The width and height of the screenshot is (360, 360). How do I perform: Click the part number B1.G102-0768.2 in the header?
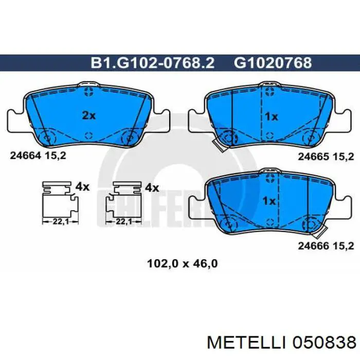point(152,63)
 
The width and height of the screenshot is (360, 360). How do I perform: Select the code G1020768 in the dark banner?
point(273,63)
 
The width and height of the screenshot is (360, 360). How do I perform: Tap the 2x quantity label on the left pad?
point(89,116)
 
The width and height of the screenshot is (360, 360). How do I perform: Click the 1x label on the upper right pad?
point(272,117)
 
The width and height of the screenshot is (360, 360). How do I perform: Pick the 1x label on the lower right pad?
point(269,202)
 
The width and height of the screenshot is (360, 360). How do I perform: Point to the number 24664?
point(26,156)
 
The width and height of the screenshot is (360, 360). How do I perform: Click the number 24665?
point(314,157)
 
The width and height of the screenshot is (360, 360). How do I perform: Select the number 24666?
point(314,246)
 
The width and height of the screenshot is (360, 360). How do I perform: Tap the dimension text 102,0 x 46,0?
point(182,263)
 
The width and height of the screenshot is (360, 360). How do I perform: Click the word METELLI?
point(247,343)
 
